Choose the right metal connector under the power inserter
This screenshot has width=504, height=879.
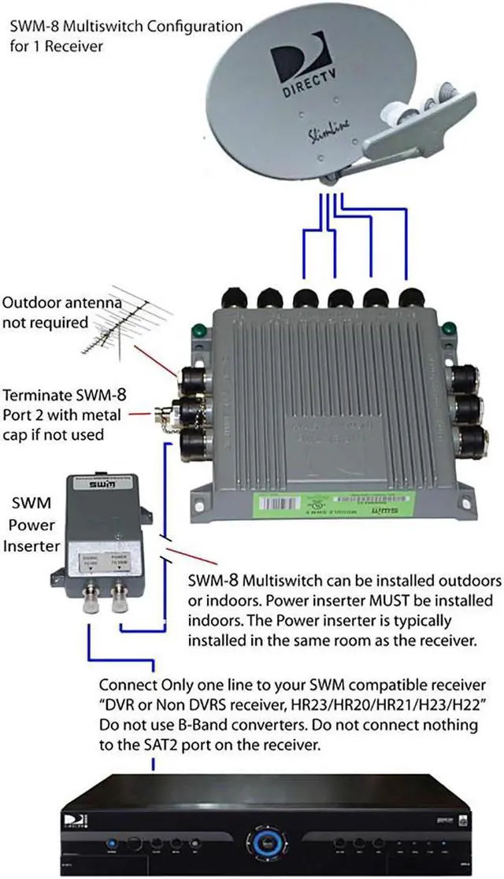(120, 600)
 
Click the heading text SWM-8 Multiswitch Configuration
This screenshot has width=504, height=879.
(126, 27)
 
